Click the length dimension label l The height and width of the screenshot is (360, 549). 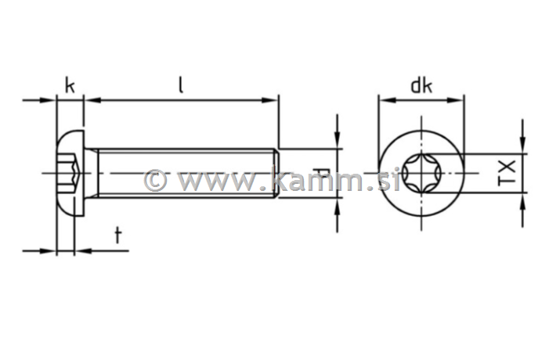point(181,85)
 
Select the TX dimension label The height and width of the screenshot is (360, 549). point(507,172)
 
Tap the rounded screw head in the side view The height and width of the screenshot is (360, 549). point(70,172)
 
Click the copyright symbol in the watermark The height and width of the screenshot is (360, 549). point(156,180)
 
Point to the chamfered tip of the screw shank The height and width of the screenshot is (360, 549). point(276,172)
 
